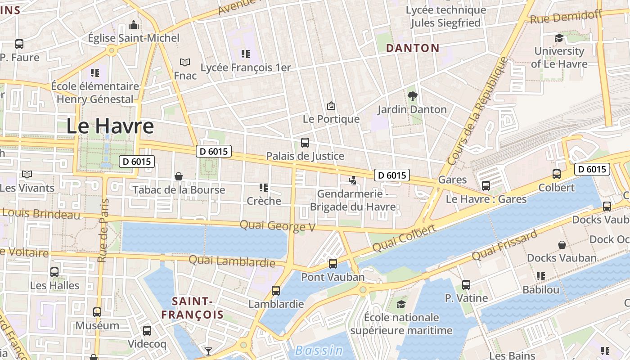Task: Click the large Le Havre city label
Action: click(110, 126)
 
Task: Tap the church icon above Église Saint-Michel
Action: click(134, 24)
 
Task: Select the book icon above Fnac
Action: click(184, 62)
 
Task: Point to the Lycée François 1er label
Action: click(246, 68)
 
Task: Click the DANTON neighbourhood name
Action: click(413, 48)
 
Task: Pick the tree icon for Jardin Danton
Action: click(412, 95)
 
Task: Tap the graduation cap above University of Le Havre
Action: click(559, 38)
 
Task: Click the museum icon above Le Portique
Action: click(331, 106)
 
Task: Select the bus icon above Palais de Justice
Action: click(305, 143)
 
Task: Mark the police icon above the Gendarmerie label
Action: click(352, 180)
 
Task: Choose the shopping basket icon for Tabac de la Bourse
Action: click(179, 176)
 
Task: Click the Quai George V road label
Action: click(277, 225)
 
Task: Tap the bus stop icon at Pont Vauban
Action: click(333, 264)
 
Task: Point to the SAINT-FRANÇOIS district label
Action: click(192, 308)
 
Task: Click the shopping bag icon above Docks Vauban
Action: click(562, 245)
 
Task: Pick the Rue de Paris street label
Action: click(103, 230)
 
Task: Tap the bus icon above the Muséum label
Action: click(97, 312)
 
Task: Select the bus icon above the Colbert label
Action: click(556, 174)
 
